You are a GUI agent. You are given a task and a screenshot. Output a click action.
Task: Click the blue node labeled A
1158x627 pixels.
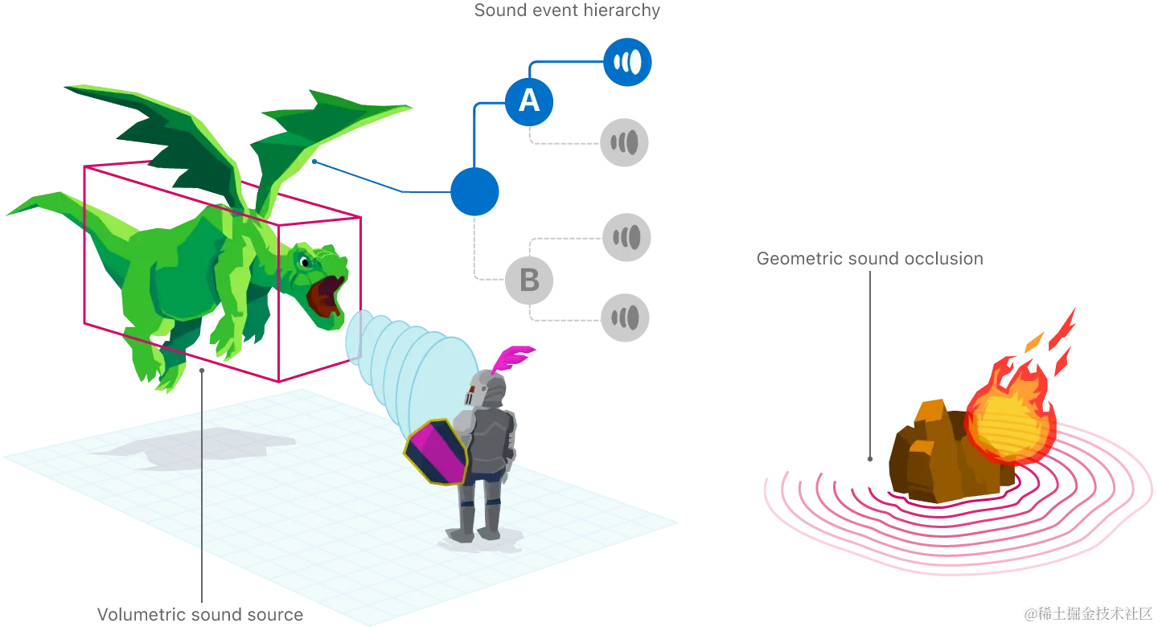click(x=529, y=101)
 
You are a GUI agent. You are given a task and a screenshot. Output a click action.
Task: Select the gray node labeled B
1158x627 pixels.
click(x=528, y=281)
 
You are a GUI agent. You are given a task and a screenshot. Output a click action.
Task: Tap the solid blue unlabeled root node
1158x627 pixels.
click(x=474, y=192)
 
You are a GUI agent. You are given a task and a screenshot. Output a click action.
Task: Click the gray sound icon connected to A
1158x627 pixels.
click(x=624, y=143)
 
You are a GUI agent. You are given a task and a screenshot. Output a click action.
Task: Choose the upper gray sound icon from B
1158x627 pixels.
click(x=626, y=237)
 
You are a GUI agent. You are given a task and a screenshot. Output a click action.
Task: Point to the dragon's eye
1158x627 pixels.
click(x=302, y=260)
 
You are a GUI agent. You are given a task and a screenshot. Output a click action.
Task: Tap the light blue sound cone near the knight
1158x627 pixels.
click(x=410, y=362)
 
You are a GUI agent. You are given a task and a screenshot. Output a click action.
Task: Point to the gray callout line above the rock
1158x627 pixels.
click(x=870, y=362)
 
